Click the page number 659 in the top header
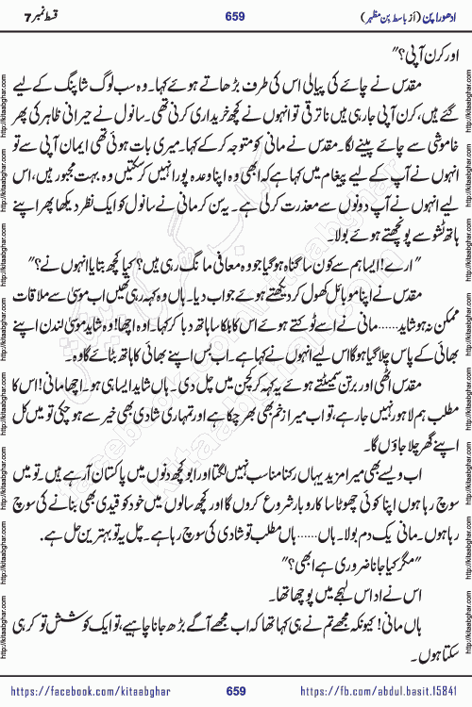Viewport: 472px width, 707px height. [x=237, y=17]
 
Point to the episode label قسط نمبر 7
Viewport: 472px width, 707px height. [x=53, y=17]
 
